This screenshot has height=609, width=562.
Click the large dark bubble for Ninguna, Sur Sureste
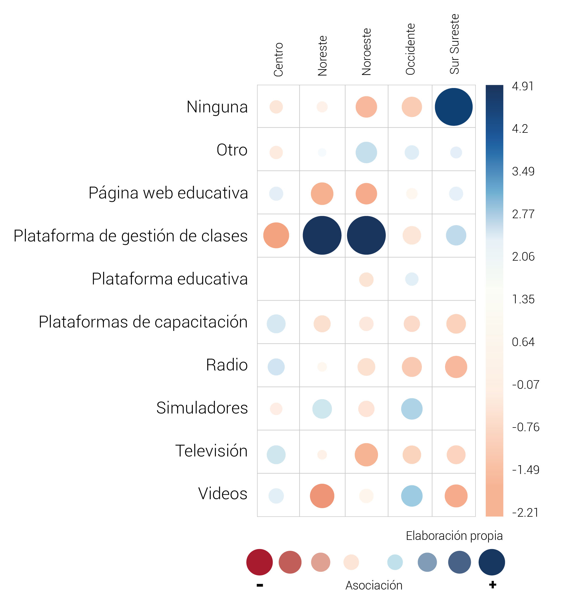[x=453, y=107]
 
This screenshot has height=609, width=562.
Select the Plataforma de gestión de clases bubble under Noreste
[x=322, y=235]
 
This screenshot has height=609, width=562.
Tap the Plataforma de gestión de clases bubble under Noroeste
[x=366, y=235]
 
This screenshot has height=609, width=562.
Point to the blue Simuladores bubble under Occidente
[x=412, y=409]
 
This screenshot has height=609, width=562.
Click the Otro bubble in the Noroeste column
[x=366, y=153]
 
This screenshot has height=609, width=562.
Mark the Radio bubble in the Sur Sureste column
[x=456, y=367]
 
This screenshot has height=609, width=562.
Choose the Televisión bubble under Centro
[x=276, y=455]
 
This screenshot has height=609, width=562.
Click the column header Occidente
[x=410, y=49]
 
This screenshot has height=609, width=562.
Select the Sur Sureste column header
[x=454, y=44]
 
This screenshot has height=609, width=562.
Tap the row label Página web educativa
[x=168, y=193]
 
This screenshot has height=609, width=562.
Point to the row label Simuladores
[x=202, y=408]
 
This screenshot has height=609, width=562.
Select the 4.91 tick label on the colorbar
[x=522, y=87]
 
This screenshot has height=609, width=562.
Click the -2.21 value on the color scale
[x=525, y=513]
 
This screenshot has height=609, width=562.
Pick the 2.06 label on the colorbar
[x=523, y=257]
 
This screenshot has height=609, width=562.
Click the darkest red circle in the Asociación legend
[x=259, y=562]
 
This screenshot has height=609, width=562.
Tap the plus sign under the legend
[x=493, y=585]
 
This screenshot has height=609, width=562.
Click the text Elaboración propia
[x=454, y=536]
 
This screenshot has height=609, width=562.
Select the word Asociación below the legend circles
[x=374, y=585]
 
